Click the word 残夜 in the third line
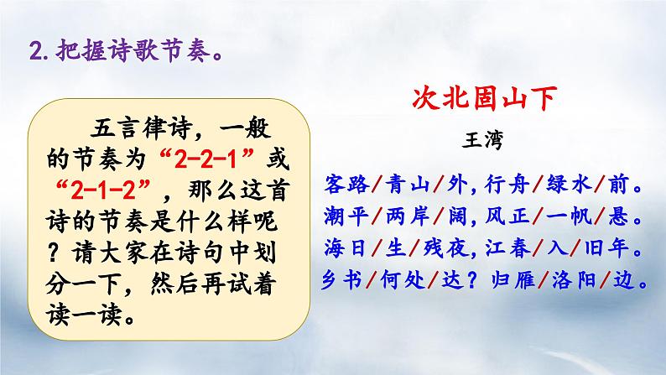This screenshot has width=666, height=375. coord(440,248)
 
